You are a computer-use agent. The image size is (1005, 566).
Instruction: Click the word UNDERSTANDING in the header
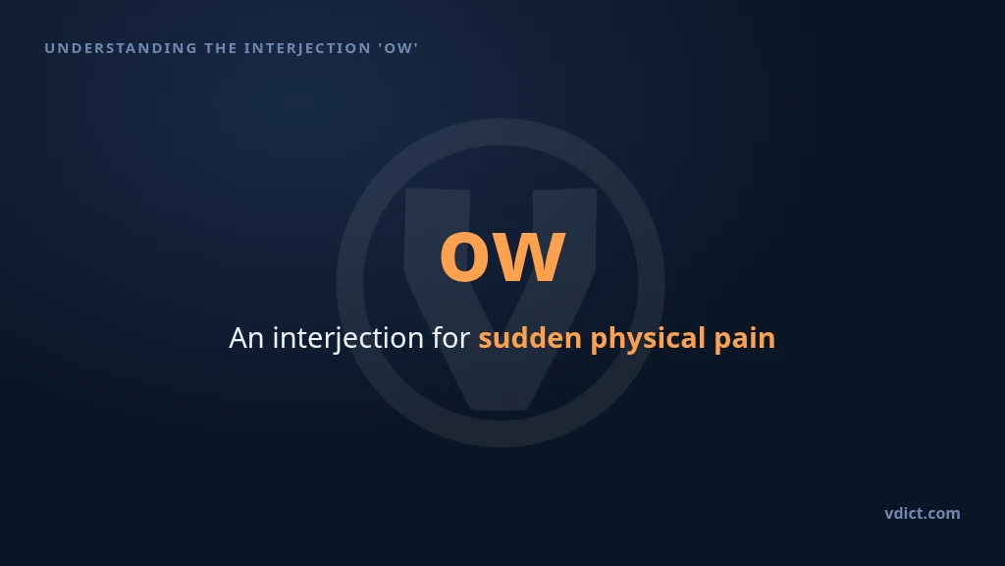[x=121, y=48]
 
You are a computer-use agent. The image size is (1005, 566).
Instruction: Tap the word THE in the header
[x=221, y=48]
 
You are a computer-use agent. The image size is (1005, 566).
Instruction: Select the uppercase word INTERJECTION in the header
[x=307, y=49]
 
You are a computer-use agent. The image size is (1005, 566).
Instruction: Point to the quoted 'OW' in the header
[x=398, y=48]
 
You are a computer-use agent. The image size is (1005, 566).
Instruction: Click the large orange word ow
[x=502, y=256]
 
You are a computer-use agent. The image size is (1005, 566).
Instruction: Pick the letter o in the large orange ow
[x=464, y=256]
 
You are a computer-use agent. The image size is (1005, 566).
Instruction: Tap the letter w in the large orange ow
[x=528, y=256]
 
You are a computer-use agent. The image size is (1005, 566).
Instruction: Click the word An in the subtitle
[x=246, y=338]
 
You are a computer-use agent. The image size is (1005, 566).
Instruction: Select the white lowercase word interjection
[x=348, y=339]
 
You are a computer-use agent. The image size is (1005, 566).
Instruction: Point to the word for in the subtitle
[x=451, y=338]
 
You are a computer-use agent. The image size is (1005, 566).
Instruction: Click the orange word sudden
[x=530, y=338]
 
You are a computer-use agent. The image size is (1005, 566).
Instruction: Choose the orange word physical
[x=648, y=339]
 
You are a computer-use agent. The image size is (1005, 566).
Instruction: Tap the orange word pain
[x=745, y=339]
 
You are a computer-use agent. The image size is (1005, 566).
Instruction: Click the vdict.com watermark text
[x=923, y=513]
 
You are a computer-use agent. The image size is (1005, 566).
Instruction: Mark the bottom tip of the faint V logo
[x=501, y=410]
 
